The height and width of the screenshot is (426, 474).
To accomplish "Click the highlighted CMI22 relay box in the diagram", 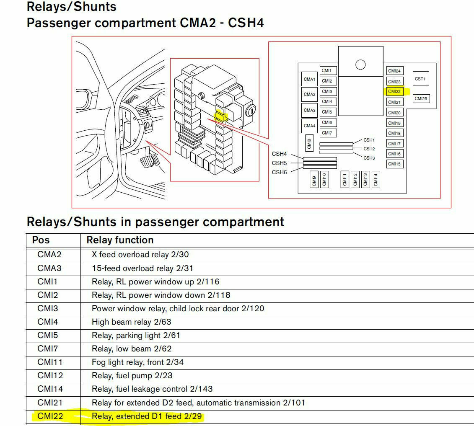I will point(394,91).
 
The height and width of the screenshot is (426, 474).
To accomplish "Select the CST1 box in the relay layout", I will point(420,79).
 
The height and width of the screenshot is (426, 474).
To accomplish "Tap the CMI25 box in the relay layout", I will point(421,99).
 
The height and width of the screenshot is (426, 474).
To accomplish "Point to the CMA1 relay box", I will point(309,79).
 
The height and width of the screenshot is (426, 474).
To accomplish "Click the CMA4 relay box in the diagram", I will point(309,126).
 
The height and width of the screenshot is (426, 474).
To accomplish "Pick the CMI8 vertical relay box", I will point(309,144).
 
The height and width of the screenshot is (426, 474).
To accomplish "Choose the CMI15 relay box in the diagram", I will point(394,164).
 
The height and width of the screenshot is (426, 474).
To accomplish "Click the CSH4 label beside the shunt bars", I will point(280,154).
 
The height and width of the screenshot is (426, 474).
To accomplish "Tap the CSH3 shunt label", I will point(369,158).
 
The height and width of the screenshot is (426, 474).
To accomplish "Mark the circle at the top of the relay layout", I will point(360,65).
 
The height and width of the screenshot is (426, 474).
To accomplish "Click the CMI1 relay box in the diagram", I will point(327,70).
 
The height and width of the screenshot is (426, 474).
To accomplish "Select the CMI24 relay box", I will point(394,71).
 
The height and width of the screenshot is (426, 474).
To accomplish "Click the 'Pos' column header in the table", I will point(41,240).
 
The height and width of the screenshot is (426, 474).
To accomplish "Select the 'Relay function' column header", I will point(120,240).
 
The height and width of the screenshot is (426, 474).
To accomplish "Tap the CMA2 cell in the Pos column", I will point(49,254).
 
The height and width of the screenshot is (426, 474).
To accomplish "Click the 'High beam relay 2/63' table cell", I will point(131,322).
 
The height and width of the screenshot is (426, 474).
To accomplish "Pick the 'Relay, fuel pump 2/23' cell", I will point(132,376).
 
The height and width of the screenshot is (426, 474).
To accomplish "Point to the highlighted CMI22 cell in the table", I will point(51,416).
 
